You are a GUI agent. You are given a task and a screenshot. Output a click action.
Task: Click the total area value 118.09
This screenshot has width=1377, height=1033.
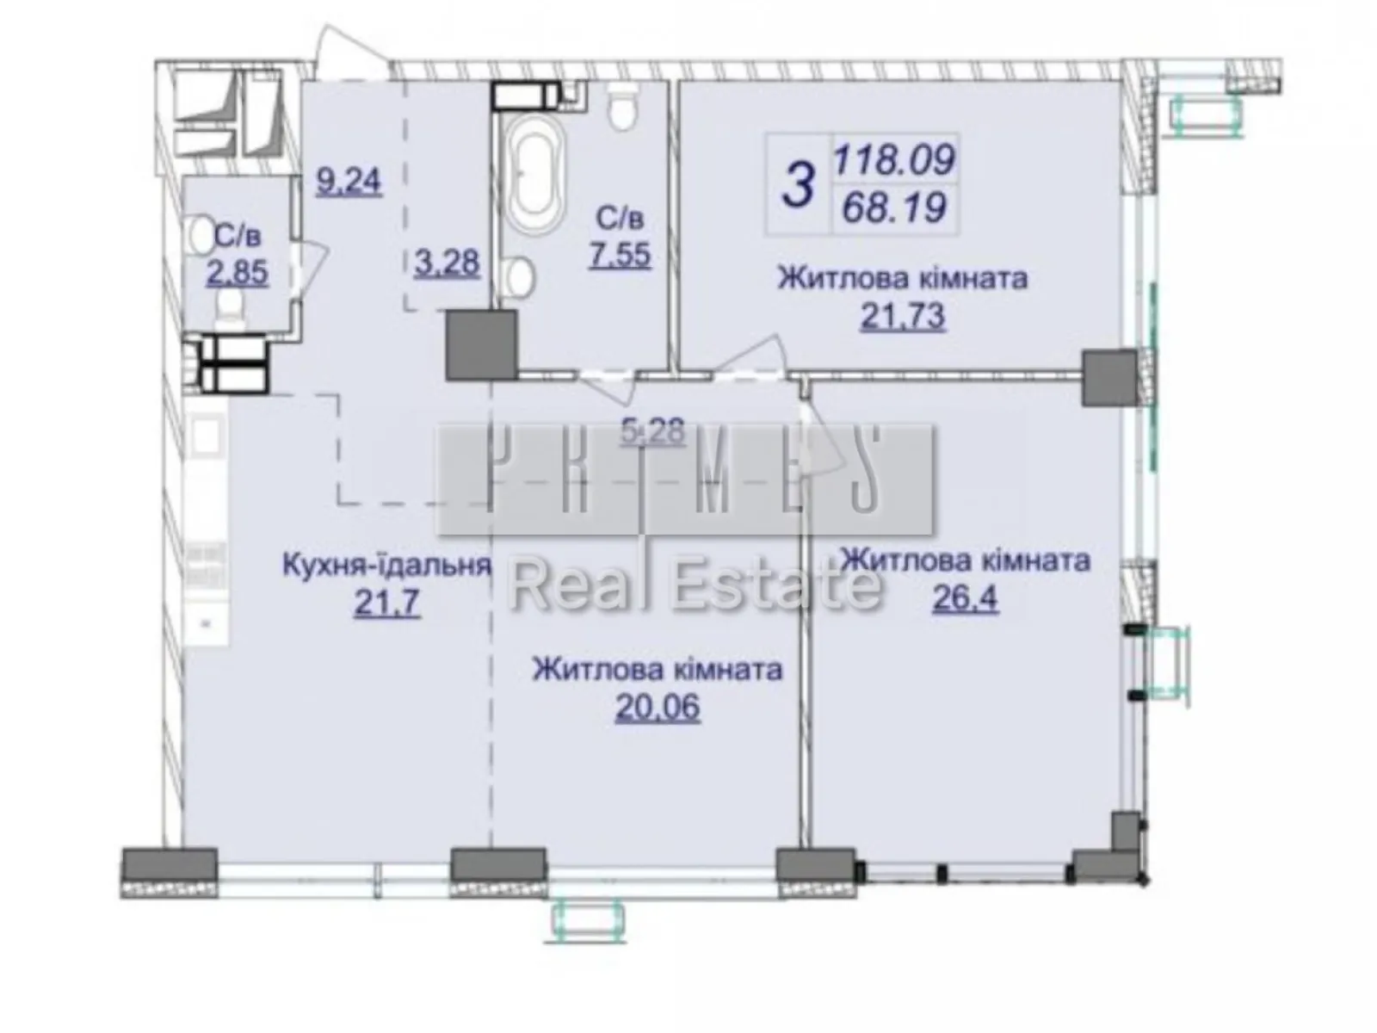[x=894, y=158]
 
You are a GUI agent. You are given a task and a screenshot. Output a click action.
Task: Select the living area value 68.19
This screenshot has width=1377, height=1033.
[x=894, y=207]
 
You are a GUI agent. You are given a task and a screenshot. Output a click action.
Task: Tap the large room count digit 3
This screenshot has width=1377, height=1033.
[x=799, y=186]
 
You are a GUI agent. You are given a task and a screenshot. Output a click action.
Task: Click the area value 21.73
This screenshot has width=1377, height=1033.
[x=903, y=317]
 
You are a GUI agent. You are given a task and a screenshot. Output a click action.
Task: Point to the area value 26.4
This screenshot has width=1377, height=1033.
[x=965, y=597]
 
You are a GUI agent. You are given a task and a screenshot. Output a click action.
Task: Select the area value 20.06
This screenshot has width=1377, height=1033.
[x=658, y=708]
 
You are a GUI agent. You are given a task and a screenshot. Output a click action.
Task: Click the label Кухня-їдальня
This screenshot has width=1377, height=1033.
[x=386, y=565]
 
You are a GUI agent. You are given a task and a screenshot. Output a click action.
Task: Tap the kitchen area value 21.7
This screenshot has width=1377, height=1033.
[x=386, y=603]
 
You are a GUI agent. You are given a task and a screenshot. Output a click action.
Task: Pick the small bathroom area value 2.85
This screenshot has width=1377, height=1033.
[x=237, y=273]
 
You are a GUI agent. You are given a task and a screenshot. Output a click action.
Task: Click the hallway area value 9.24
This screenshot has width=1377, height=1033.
[x=349, y=182]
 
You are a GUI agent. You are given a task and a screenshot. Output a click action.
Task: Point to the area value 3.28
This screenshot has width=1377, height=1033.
[x=446, y=262]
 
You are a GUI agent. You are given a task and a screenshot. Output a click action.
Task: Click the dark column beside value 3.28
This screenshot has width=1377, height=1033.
[x=481, y=345]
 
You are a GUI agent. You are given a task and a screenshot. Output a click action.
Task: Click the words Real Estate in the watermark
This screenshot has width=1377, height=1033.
[x=695, y=587]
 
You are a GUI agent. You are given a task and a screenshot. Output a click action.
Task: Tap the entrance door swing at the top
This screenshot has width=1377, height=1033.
[x=349, y=52]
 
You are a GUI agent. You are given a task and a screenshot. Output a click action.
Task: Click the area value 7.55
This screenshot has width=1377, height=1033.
[x=620, y=255]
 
